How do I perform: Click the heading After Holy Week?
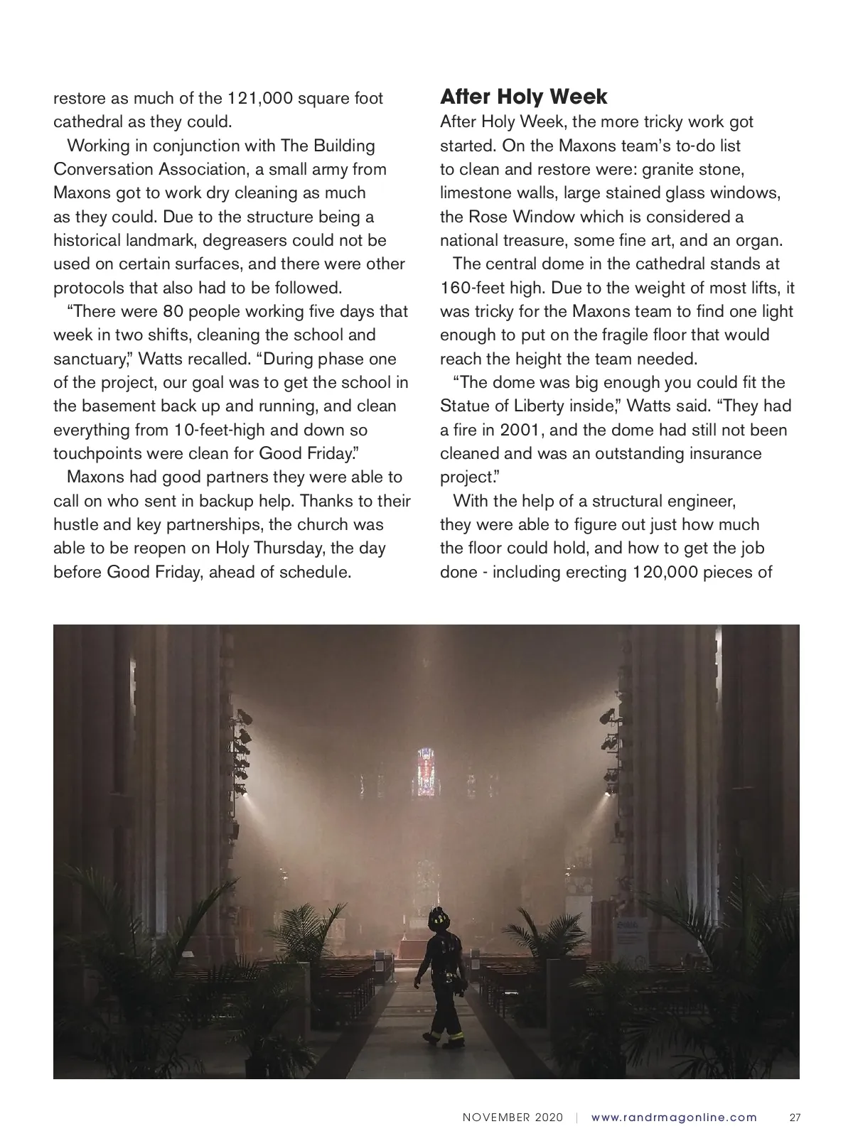(524, 97)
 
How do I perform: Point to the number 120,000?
(665, 572)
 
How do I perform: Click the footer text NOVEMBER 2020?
(513, 1118)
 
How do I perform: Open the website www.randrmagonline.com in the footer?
(674, 1118)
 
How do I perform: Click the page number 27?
(795, 1118)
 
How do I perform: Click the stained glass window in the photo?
(426, 770)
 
